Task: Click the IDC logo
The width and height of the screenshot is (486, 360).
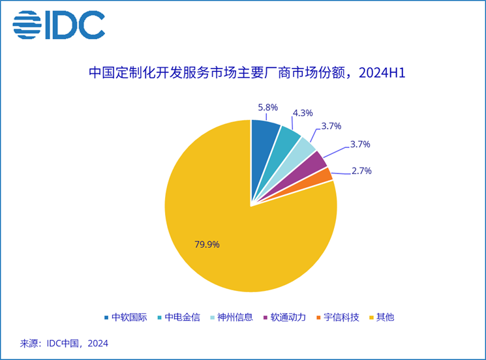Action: (x=59, y=25)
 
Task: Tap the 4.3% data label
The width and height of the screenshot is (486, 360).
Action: (x=302, y=113)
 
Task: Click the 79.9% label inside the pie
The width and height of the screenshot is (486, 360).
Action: (x=207, y=245)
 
